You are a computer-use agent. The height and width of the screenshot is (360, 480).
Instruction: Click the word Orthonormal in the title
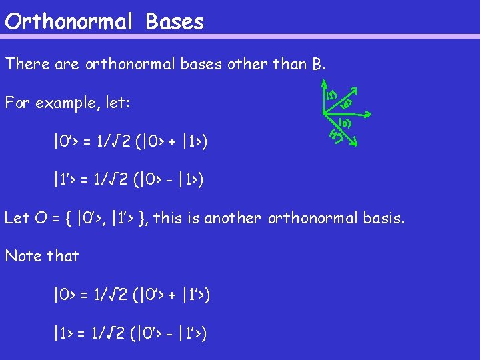[68, 21]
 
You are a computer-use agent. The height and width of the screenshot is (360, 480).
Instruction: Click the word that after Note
[62, 256]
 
